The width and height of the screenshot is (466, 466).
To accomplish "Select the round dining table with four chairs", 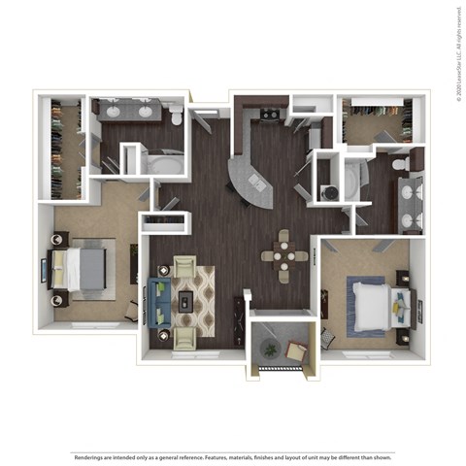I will pos(283,255).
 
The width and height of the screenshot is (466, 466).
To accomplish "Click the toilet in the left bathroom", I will pos(176,117).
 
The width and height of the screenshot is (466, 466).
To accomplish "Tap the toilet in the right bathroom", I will pos(400,166).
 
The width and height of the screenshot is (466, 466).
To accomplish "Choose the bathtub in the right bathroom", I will pos(351,179).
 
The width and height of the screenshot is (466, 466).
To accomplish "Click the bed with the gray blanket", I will pos(80,269).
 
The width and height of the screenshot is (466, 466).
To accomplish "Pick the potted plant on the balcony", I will pos(268,349).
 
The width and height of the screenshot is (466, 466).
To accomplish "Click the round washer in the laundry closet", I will pos(329,192).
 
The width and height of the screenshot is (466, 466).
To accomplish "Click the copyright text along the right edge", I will pos(457,49).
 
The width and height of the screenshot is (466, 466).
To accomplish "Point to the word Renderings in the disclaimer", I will pos(92,455).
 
